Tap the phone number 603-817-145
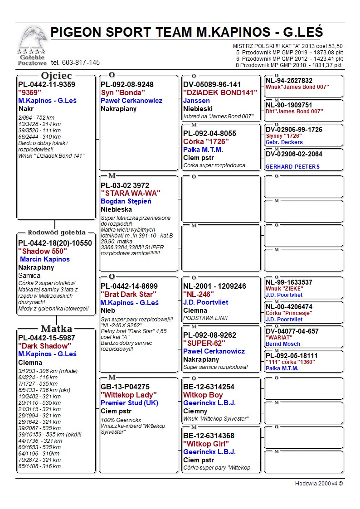[x=75, y=63]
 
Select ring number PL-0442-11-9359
[x=47, y=85]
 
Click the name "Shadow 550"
[x=43, y=251]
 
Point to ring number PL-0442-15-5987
[x=47, y=338]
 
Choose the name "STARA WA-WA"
[x=131, y=193]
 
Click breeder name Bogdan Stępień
[x=126, y=201]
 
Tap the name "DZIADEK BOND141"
[x=220, y=92]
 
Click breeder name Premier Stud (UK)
[x=129, y=403]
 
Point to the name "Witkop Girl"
[x=206, y=444]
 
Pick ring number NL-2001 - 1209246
[x=214, y=286]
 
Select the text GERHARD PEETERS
[x=292, y=167]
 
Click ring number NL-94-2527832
[x=289, y=81]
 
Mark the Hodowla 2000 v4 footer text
[x=319, y=484]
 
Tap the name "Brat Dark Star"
[x=128, y=294]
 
